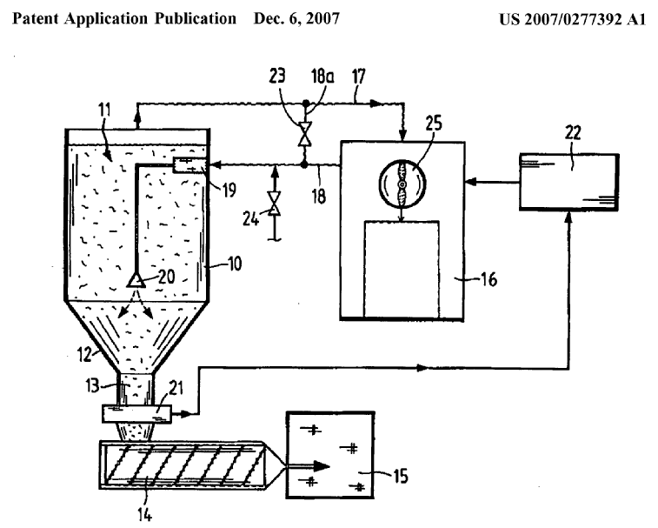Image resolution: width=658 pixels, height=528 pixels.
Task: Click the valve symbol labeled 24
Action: [275, 205]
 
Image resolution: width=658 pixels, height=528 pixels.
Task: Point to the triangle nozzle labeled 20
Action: [136, 279]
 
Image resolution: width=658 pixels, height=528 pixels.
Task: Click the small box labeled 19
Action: [186, 165]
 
